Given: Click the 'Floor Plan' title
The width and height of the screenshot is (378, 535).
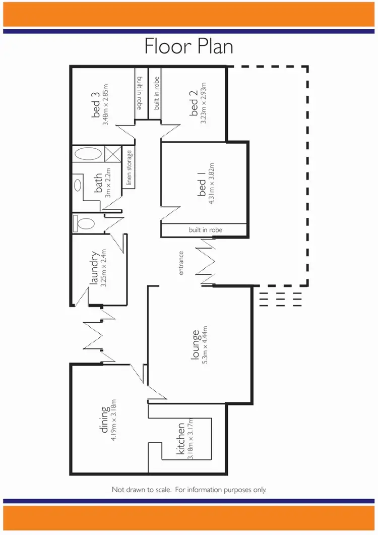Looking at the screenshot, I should click(188, 46).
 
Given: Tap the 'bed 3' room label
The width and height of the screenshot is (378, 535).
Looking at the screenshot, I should click(96, 106).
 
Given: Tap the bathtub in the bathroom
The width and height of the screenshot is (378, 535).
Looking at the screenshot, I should click(88, 154).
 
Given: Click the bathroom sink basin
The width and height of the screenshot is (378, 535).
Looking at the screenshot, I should click(78, 185).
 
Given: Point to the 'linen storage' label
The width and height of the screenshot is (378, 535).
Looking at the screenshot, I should click(129, 168).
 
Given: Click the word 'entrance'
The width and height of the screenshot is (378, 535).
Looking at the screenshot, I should click(181, 263).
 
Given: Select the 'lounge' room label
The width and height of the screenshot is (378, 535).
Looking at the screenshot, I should click(195, 347).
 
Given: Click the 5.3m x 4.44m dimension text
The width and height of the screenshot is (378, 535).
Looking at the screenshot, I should click(205, 348).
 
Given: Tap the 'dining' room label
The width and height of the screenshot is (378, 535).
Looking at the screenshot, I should click(104, 419).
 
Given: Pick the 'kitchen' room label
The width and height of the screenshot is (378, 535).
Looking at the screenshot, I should click(180, 439).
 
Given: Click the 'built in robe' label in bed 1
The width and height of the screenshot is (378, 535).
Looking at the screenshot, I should click(206, 230).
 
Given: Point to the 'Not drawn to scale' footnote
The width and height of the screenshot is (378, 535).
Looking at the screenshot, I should click(188, 490).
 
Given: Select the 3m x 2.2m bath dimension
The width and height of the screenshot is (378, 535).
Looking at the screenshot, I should click(107, 183).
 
